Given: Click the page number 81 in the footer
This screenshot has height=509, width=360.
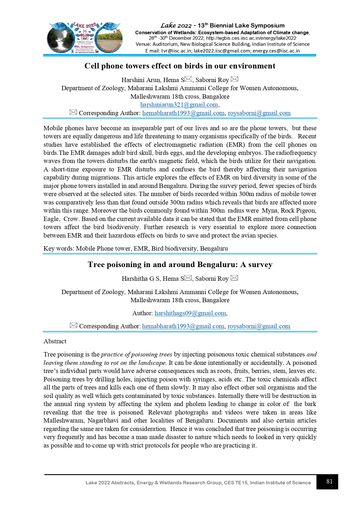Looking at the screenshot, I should (x=329, y=481).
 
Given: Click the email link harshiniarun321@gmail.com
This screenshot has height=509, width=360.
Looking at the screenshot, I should (x=179, y=105).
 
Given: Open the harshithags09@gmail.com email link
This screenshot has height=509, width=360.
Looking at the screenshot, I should (x=190, y=313).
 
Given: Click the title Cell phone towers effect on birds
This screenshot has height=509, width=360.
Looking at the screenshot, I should (x=180, y=66).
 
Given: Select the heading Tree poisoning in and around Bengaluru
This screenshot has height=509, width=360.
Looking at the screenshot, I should (x=180, y=265).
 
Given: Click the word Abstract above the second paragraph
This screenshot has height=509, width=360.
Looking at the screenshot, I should (x=55, y=341).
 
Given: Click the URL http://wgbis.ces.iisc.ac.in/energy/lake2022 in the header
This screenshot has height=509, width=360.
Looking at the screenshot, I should (x=251, y=38).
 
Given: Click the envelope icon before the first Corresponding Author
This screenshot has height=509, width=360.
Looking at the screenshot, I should (x=73, y=112).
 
